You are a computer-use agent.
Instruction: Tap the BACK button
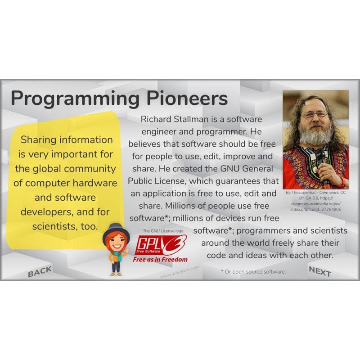(x=40, y=271)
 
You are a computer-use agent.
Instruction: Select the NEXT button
(x=319, y=271)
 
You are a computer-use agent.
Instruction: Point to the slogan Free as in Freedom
(x=160, y=260)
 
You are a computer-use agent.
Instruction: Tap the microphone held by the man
(x=321, y=162)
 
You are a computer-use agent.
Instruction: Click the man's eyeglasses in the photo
(x=314, y=115)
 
